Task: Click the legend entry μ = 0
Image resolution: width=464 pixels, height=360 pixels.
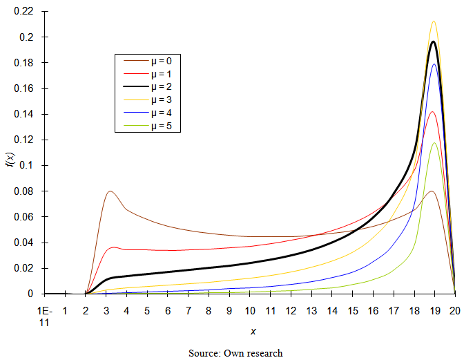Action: click(x=153, y=60)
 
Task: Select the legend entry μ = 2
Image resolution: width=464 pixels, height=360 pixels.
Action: click(x=153, y=86)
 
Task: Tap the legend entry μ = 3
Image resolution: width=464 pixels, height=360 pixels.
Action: click(x=153, y=100)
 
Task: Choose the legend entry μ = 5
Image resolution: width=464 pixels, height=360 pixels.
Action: click(x=153, y=126)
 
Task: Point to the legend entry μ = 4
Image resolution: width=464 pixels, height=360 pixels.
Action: click(x=153, y=113)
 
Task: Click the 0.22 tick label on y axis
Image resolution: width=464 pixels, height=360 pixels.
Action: click(x=24, y=12)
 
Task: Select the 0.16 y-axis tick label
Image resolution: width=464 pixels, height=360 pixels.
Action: click(x=24, y=89)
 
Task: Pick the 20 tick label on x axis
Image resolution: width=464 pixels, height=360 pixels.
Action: click(x=454, y=311)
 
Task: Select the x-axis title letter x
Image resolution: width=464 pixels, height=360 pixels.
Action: click(x=253, y=332)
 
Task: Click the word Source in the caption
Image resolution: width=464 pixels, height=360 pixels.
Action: click(x=204, y=353)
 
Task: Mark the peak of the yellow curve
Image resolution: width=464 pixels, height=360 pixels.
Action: click(x=434, y=21)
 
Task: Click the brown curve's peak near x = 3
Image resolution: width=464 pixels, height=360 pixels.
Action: click(x=110, y=191)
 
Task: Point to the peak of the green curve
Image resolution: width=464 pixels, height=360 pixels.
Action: click(x=434, y=143)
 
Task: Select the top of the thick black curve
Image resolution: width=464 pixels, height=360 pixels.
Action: click(x=433, y=42)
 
